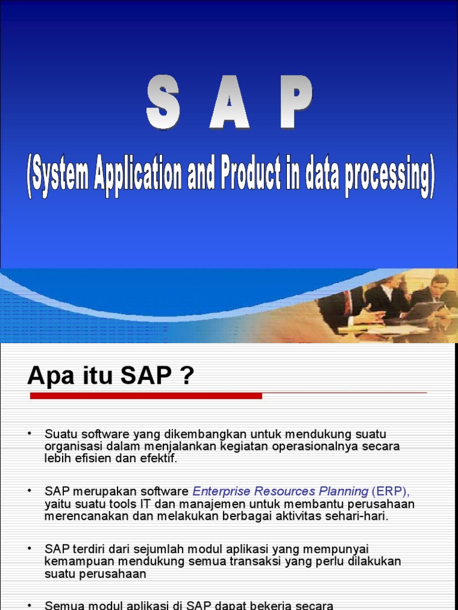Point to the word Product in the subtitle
click(250, 175)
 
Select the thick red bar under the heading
click(146, 396)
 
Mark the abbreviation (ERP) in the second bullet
click(391, 491)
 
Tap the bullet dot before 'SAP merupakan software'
click(29, 490)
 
